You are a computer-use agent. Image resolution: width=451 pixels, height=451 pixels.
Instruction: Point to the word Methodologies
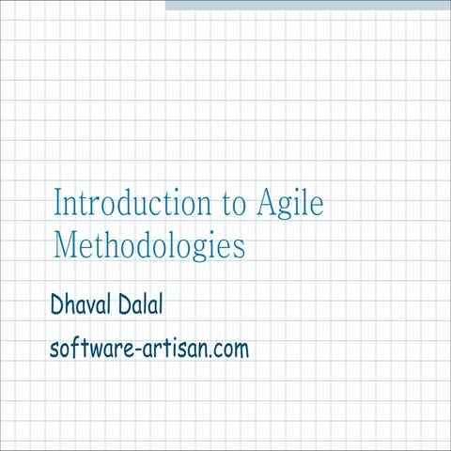148,245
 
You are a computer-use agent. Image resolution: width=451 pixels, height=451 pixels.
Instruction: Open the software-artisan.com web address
149,350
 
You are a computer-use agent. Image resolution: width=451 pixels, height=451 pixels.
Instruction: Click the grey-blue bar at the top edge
308,5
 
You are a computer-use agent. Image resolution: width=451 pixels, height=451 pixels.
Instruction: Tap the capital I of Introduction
58,203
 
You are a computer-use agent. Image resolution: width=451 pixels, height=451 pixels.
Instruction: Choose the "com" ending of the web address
230,351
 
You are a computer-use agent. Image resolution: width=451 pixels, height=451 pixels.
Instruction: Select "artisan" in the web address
170,350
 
